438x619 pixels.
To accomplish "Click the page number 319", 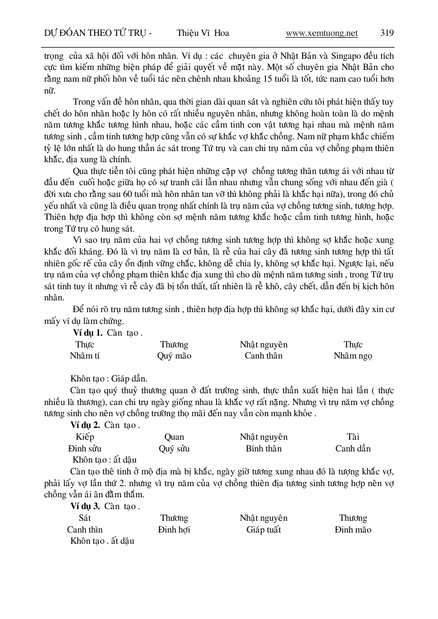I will point(387,34).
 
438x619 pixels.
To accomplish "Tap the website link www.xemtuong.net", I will point(321,34).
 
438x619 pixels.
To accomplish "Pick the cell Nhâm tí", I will point(85,356).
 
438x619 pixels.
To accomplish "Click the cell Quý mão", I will point(174,356).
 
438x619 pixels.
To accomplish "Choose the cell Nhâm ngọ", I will point(353,356).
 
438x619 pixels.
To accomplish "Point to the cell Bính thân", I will point(264,449).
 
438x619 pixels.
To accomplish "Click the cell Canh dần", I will point(353,449).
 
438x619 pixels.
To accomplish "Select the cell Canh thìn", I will point(85,530).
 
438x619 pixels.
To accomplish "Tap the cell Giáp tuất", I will point(264,530).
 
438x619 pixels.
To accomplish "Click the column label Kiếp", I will point(85,437).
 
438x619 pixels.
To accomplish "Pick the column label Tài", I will point(353,437).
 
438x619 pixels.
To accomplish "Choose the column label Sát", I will point(85,518).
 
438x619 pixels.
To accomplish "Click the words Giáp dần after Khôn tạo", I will point(127,379).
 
